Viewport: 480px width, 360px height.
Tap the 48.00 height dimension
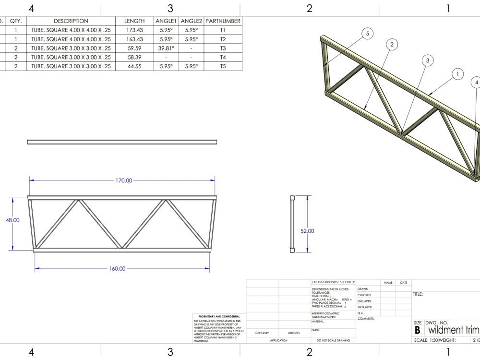click(12, 220)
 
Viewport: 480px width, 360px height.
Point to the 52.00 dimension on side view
click(307, 231)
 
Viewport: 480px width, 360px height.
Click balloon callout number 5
click(367, 34)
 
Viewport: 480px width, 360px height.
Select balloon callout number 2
click(392, 45)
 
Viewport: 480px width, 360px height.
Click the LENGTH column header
click(134, 21)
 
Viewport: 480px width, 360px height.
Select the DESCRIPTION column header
click(71, 21)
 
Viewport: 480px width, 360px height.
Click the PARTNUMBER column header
click(223, 21)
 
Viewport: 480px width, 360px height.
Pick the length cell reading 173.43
click(134, 30)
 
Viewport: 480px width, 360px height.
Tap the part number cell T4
click(223, 57)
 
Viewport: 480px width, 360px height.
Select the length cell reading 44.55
click(134, 66)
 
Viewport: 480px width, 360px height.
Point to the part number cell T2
click(223, 39)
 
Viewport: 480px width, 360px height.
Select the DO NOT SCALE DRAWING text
click(333, 340)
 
